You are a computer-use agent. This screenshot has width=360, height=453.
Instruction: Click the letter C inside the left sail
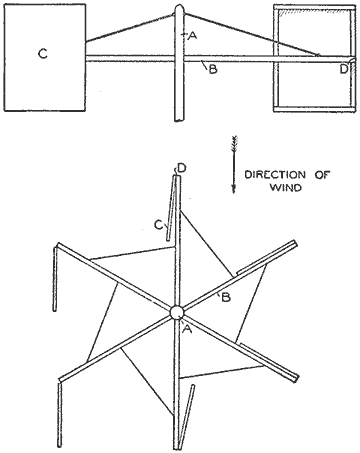(43, 54)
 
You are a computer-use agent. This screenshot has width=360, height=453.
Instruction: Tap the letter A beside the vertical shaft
(192, 35)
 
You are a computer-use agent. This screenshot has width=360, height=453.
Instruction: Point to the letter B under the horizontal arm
(213, 70)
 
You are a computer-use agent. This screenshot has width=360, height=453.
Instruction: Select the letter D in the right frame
(344, 69)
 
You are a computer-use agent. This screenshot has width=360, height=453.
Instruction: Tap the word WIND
(286, 187)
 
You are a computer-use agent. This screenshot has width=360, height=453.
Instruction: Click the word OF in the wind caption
(322, 175)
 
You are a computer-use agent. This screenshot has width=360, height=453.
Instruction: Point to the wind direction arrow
(234, 164)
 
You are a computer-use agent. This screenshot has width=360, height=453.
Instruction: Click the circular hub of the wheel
(176, 313)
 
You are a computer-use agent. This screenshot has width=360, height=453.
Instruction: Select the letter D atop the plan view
(182, 168)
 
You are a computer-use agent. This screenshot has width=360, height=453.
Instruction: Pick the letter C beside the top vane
(159, 225)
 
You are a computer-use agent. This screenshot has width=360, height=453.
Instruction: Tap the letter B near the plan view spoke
(226, 297)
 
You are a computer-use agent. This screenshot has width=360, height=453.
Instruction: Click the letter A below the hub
(187, 329)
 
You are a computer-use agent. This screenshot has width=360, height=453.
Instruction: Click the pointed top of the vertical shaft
(179, 5)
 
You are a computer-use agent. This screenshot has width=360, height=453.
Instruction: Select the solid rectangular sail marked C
(45, 57)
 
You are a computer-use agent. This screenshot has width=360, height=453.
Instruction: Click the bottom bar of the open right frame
(314, 109)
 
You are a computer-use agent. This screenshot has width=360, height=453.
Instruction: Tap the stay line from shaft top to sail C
(130, 28)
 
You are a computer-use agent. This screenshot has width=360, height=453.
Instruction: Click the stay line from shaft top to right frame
(252, 34)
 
